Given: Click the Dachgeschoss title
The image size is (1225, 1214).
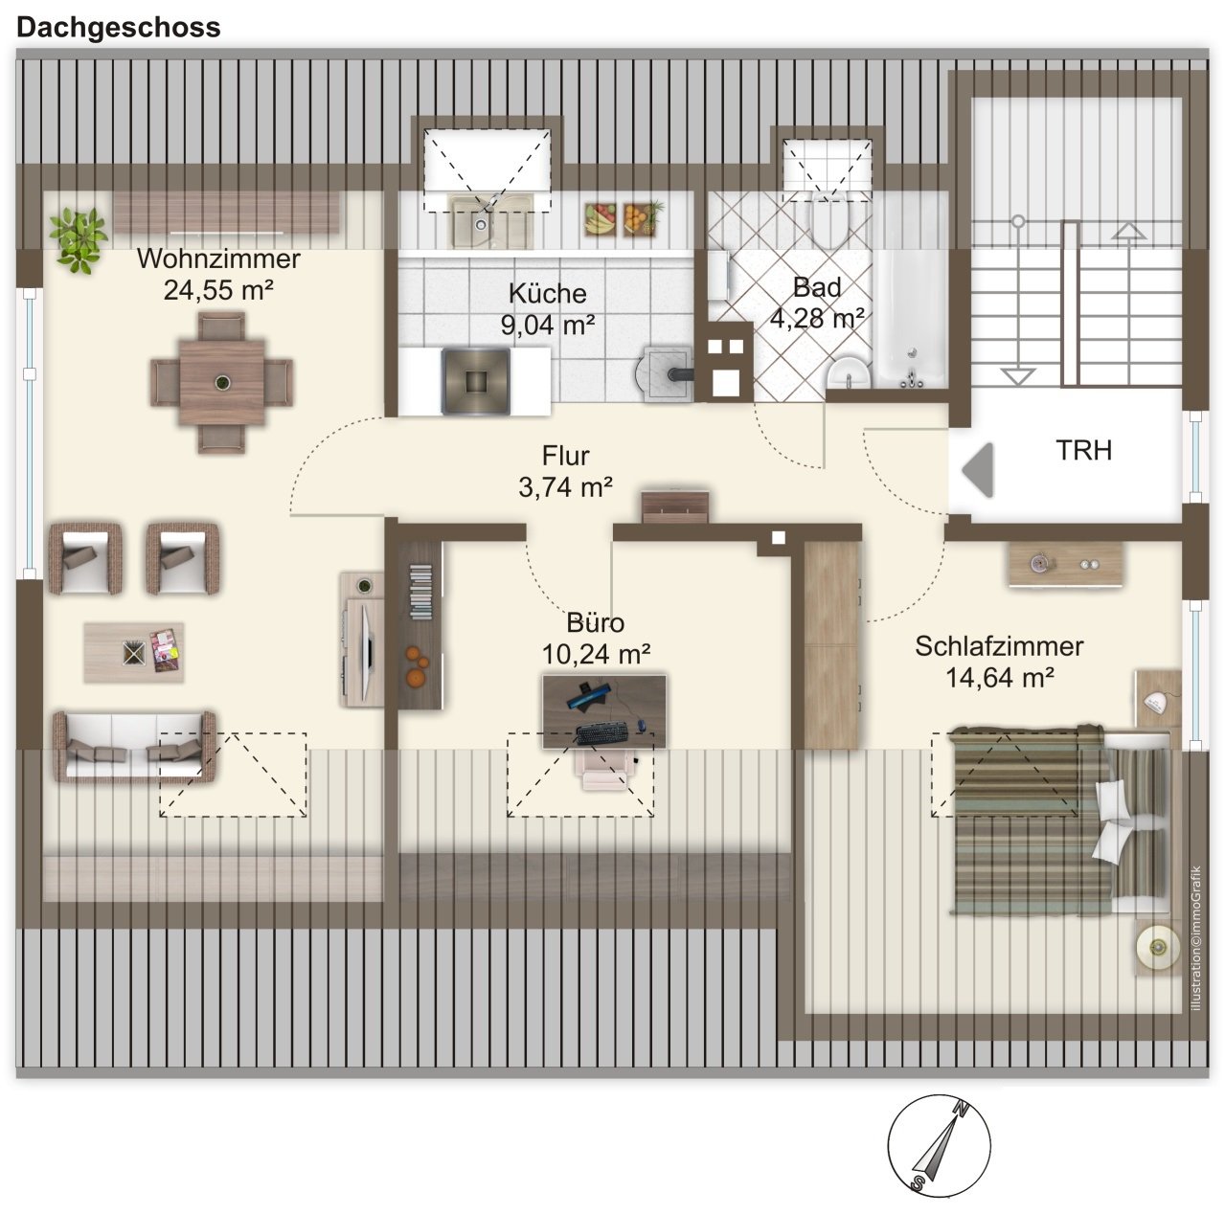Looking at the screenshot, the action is coord(118,28).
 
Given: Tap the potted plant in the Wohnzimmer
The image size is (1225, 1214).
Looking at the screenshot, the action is coord(79,239).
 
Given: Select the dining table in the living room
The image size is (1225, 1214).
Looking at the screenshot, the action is coord(221,383).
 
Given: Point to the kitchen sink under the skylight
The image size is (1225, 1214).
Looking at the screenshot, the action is coord(488,221).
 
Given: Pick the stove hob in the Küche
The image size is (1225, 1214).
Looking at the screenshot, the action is coord(475,381).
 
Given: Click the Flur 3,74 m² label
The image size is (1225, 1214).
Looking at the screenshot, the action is coord(565,471).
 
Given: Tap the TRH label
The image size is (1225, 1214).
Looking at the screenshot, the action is coord(1084,450).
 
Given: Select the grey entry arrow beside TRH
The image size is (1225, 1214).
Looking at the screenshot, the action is coord(978,470).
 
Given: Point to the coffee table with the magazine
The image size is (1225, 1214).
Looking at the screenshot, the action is coord(134,652).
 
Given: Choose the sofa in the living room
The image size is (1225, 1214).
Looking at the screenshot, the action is coord(134,747).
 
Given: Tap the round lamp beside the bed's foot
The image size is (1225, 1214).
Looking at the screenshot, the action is coord(1157,948).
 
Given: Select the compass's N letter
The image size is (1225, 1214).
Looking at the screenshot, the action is coord(962,1109).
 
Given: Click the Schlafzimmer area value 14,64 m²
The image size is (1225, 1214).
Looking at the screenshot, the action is coord(1000,678).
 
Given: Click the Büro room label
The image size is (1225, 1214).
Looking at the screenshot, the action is coord(595,623).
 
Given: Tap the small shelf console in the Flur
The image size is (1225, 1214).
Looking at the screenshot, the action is coord(675,506).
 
